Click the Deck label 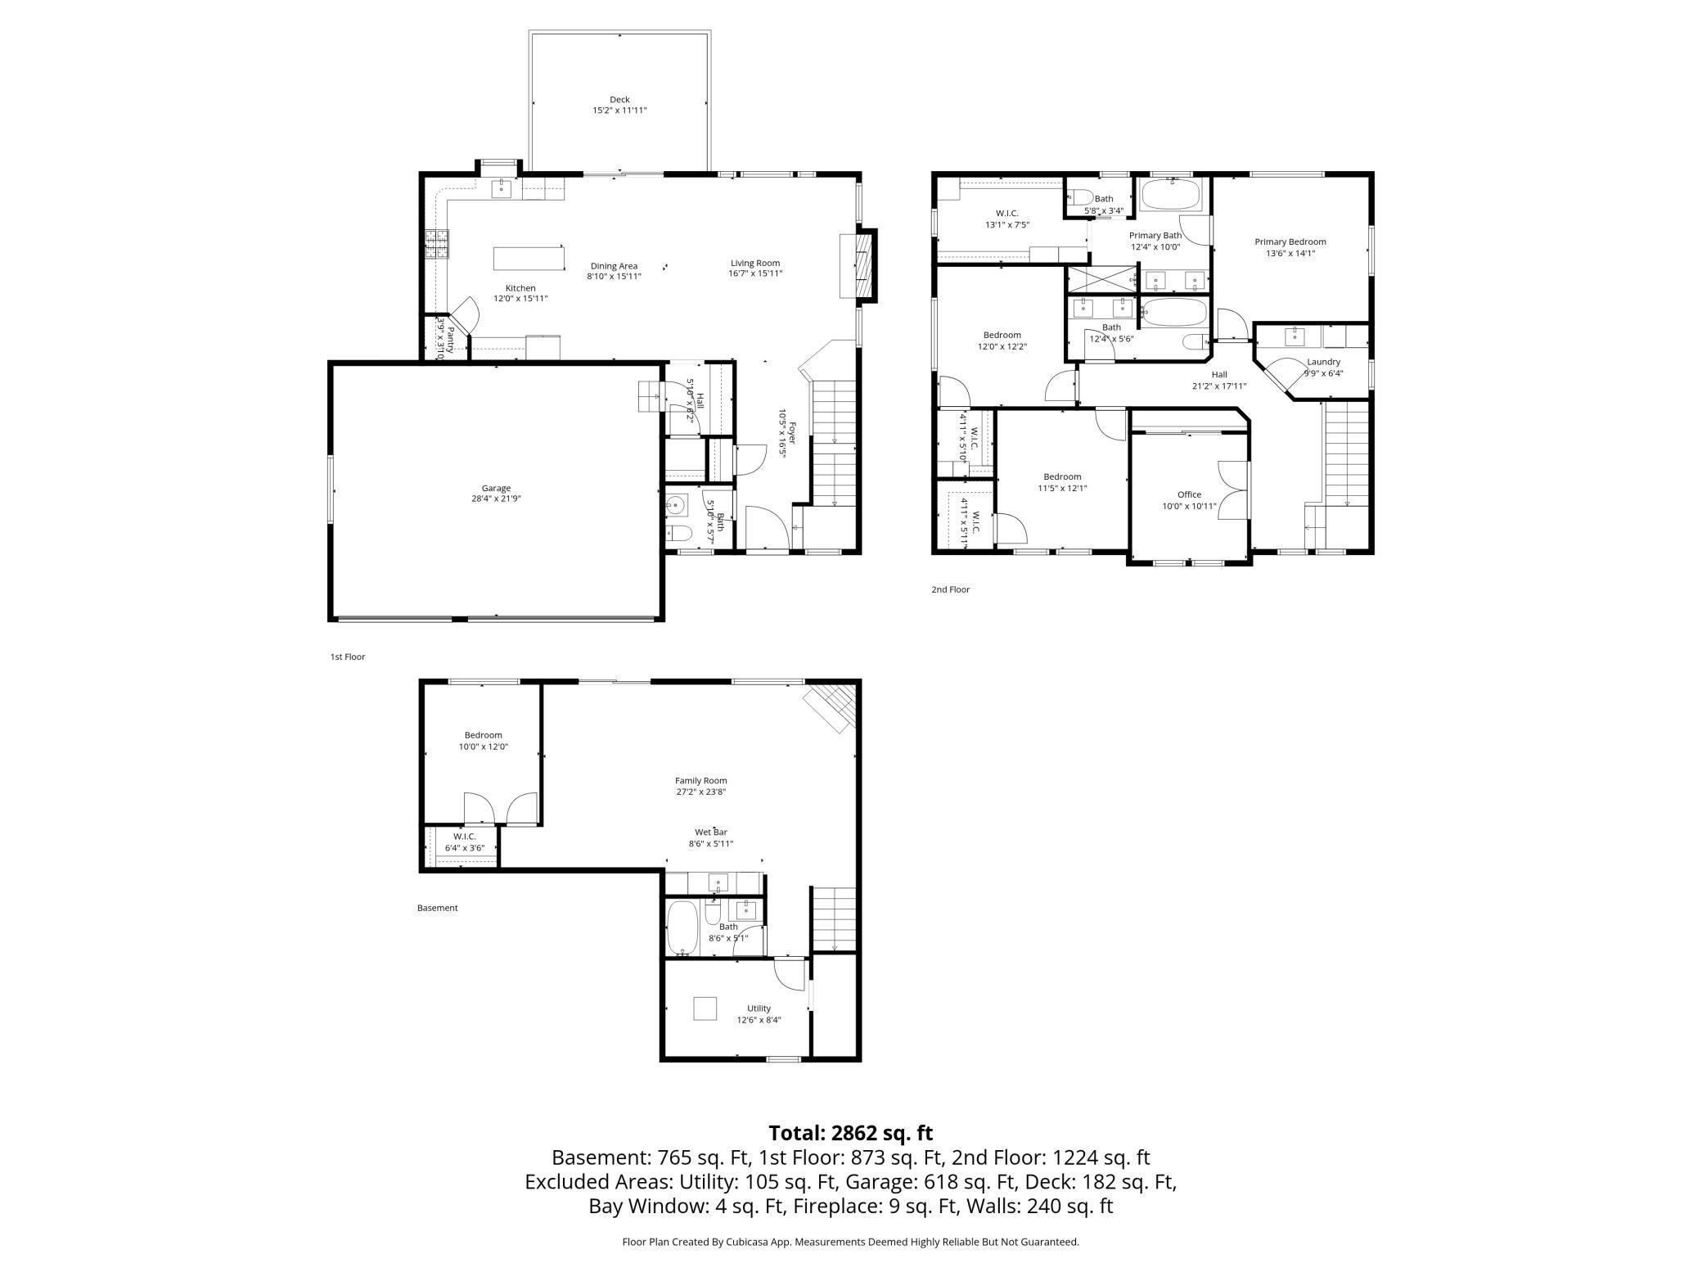click(619, 100)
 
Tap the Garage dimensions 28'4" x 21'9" click(496, 499)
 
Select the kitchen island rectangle click(529, 258)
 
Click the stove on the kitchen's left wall click(437, 244)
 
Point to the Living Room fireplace click(858, 265)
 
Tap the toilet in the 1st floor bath click(679, 535)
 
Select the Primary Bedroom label click(1290, 241)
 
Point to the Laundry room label click(1323, 362)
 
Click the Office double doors click(1234, 490)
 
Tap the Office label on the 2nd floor click(1189, 494)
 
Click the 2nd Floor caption click(950, 589)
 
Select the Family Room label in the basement click(700, 781)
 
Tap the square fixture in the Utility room click(705, 1009)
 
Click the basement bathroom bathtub click(681, 927)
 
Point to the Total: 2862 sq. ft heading click(850, 1133)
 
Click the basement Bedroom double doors click(500, 808)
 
